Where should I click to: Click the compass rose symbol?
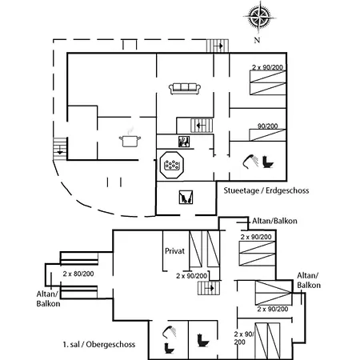(259, 17)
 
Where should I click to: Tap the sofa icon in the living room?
(185, 89)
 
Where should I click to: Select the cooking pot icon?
(130, 138)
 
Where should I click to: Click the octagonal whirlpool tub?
(172, 165)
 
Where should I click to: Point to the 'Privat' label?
(174, 251)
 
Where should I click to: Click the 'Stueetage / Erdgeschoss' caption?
(266, 190)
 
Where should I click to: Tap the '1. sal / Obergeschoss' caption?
(99, 344)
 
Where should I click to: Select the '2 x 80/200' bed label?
(78, 274)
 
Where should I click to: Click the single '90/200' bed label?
(267, 126)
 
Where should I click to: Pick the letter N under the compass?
(257, 40)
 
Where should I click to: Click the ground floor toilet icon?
(268, 162)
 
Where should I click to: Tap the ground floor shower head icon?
(250, 162)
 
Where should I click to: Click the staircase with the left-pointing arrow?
(202, 126)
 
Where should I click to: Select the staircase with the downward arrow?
(60, 149)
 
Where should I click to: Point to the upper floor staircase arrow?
(210, 288)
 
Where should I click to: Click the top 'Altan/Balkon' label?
(274, 221)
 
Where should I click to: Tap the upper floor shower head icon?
(170, 333)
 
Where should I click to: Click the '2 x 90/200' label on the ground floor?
(267, 67)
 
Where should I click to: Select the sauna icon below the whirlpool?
(186, 197)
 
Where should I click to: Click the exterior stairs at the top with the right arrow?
(218, 46)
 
